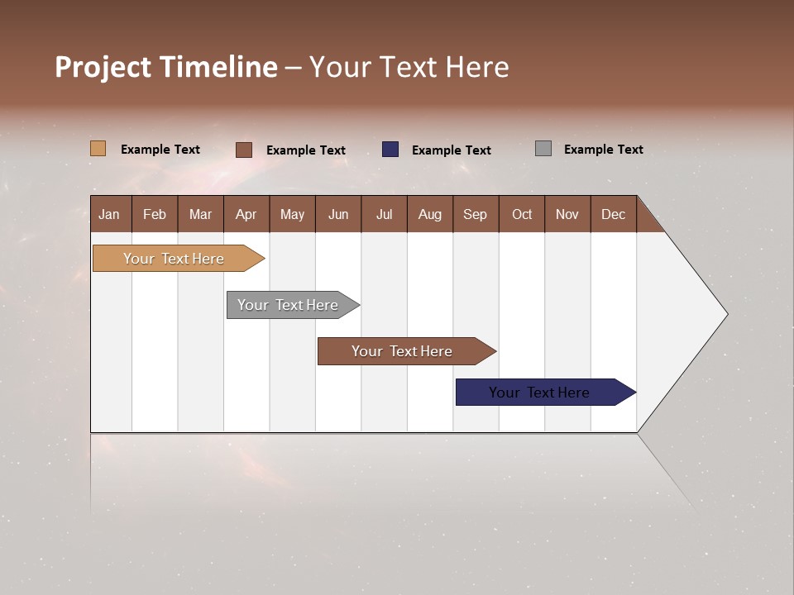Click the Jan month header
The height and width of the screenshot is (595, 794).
coord(110,214)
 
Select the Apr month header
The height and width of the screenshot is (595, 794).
coord(246,214)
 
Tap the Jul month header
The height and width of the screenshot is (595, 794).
coord(384,214)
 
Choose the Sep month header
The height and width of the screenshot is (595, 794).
coord(476,214)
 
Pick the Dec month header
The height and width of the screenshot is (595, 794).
coord(613,214)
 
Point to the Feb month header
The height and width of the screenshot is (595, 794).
coord(155,214)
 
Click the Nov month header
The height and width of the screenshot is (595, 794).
coord(567,214)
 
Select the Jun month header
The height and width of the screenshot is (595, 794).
coord(338,214)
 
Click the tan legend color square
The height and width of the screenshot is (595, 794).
coord(98,149)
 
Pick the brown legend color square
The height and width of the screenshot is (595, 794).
coord(244,150)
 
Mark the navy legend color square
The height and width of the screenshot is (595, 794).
coord(390,149)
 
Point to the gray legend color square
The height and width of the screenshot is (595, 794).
coord(543,149)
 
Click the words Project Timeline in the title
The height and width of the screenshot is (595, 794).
coord(165,67)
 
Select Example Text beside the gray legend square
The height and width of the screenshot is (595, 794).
coord(603,150)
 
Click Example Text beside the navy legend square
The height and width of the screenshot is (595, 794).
coord(451,150)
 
